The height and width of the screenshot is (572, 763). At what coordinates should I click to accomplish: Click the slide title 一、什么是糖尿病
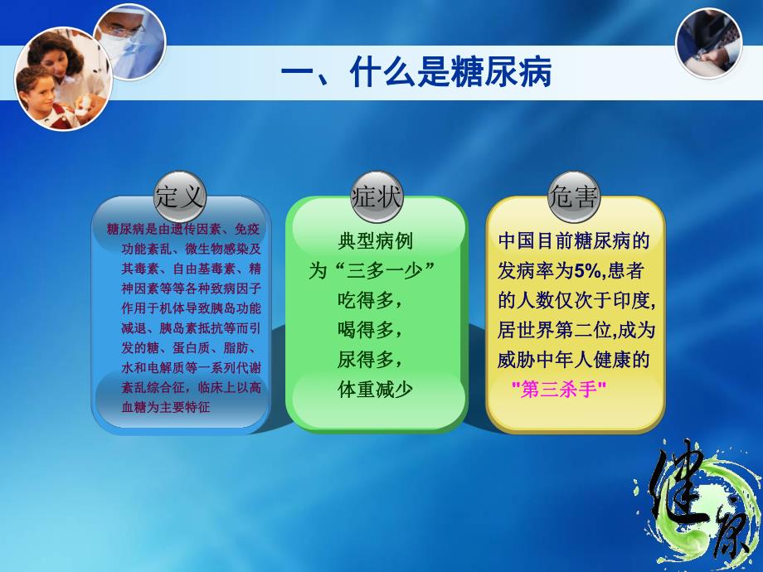click(x=416, y=75)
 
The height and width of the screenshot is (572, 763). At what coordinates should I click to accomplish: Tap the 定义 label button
click(x=179, y=197)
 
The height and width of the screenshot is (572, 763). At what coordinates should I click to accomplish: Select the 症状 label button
click(x=377, y=197)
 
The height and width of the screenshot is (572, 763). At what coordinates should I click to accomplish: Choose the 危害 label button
click(x=574, y=197)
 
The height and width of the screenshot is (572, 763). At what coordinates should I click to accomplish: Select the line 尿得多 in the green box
click(x=370, y=359)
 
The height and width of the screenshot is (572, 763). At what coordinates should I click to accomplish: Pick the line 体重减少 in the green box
click(x=375, y=389)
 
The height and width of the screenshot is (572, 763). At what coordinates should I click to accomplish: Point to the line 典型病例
click(x=375, y=240)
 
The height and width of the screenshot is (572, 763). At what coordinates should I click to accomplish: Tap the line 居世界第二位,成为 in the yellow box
click(x=576, y=330)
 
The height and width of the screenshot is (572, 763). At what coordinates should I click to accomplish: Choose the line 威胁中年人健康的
click(x=573, y=360)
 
